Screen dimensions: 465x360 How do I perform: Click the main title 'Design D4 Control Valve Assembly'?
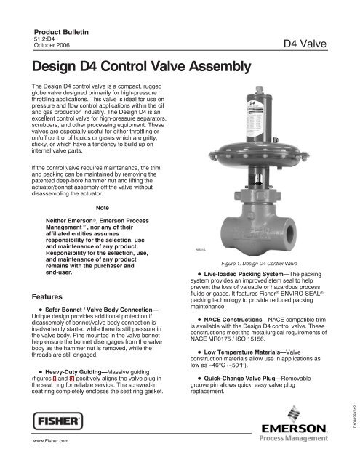pyautogui.click(x=143, y=68)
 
